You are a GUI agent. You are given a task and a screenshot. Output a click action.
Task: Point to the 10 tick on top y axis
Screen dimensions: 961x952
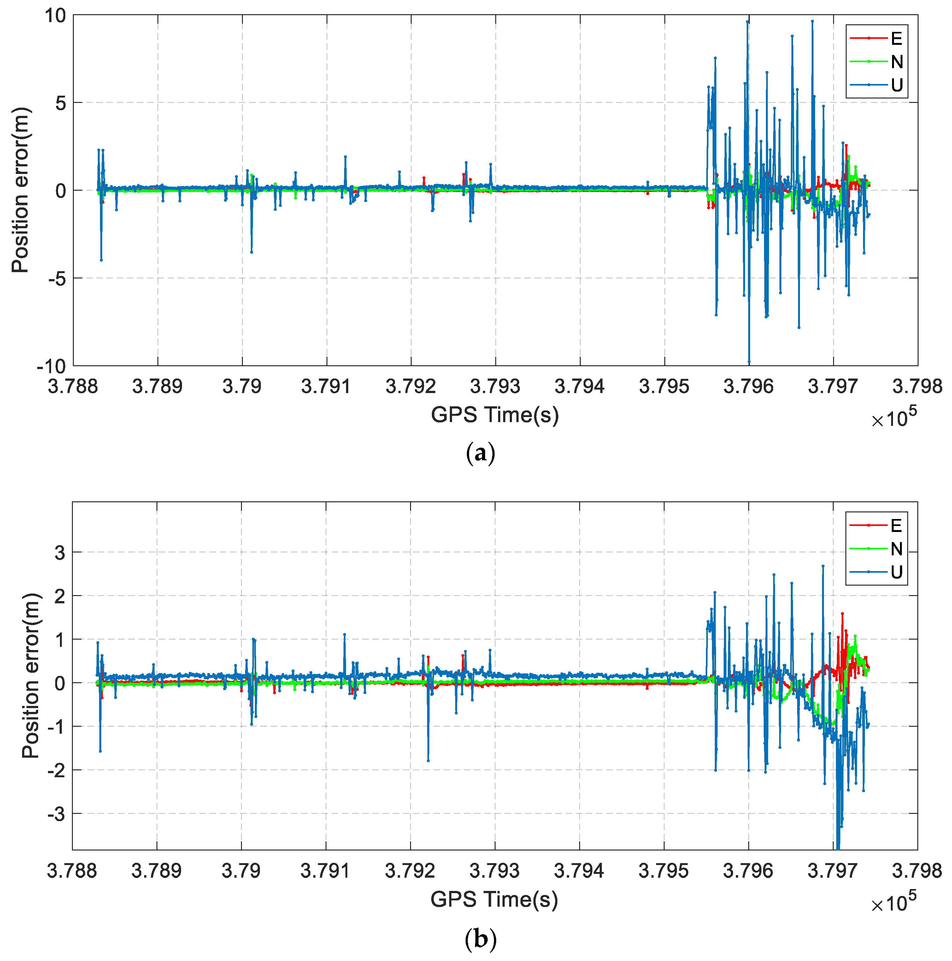56,16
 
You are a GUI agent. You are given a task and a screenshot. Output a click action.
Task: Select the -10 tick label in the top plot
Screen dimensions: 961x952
52,367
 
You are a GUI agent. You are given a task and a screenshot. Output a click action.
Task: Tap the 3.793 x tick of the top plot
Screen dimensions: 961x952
495,386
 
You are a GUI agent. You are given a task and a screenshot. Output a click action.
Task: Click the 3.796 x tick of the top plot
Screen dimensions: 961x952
749,386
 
